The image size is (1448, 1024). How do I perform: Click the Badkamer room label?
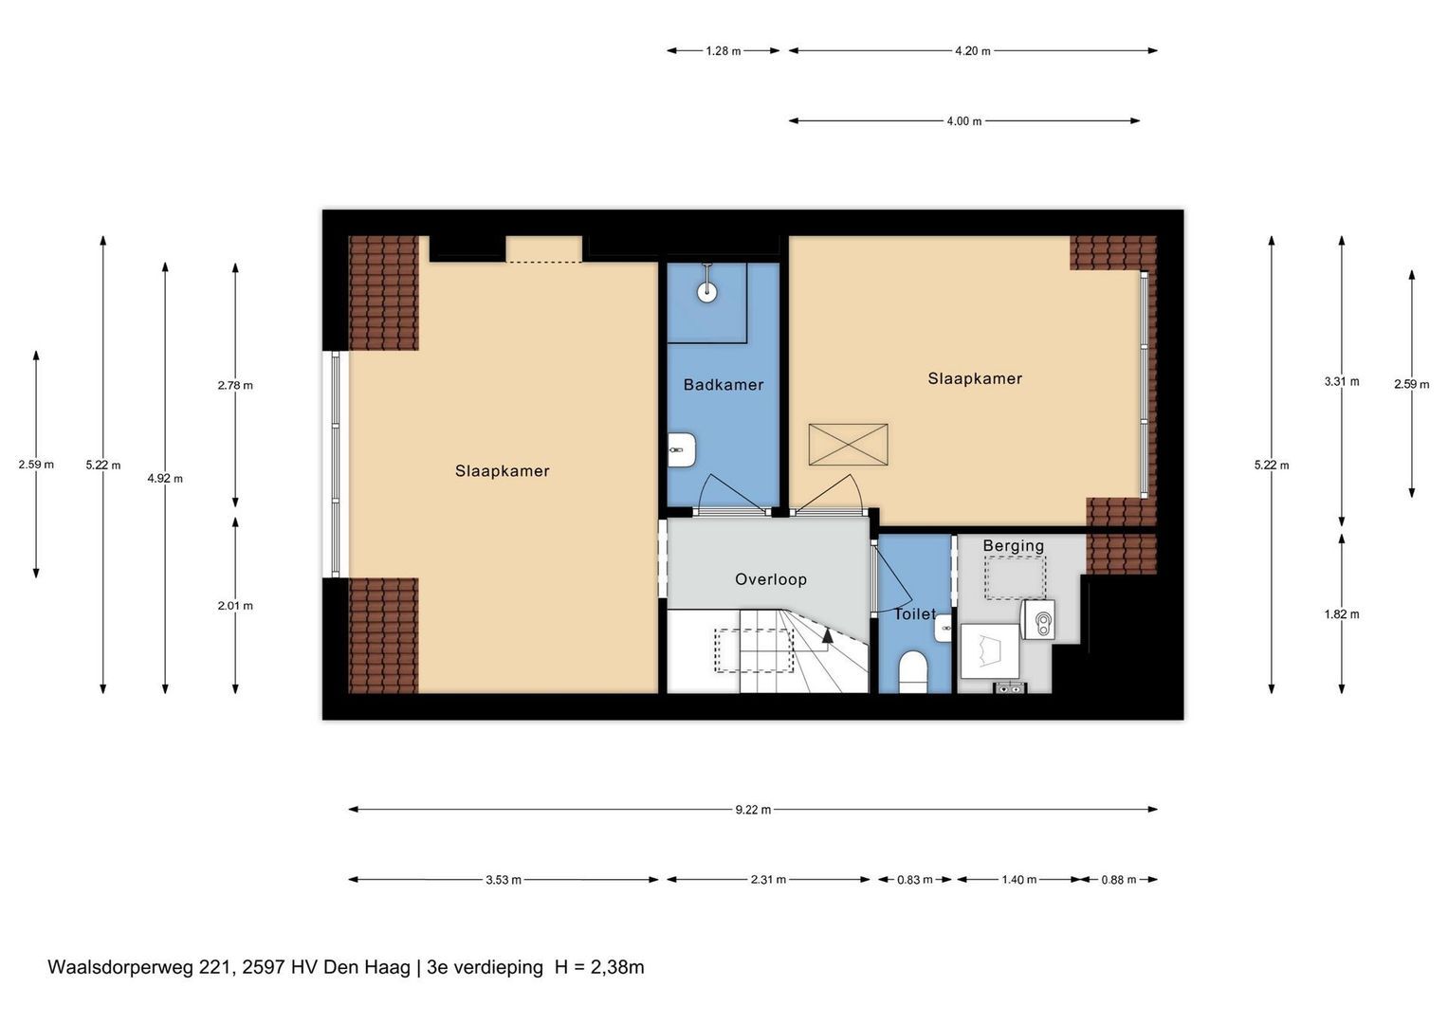[724, 385]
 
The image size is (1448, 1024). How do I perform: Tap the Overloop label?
[771, 579]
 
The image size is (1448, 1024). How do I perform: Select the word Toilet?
[915, 614]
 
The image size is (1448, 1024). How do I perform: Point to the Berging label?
[1013, 545]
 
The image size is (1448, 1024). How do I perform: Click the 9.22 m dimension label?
[753, 810]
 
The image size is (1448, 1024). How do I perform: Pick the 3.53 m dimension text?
[504, 880]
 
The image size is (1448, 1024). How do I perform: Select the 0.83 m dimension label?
[915, 880]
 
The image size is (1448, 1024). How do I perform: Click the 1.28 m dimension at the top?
[724, 51]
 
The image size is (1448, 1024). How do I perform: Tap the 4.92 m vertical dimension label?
[165, 479]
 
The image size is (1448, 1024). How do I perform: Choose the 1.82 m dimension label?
[1342, 614]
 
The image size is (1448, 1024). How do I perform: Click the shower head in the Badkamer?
[707, 292]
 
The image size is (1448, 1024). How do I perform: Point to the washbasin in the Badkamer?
[682, 450]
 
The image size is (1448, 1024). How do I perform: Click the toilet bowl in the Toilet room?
[913, 672]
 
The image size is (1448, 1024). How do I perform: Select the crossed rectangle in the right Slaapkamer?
[848, 445]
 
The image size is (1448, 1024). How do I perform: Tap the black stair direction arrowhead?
[828, 635]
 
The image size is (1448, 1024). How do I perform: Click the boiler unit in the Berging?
[1038, 620]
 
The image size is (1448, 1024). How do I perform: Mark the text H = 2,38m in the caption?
[599, 968]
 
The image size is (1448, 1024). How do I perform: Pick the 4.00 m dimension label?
[963, 121]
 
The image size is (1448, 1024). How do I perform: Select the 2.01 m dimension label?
[235, 607]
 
